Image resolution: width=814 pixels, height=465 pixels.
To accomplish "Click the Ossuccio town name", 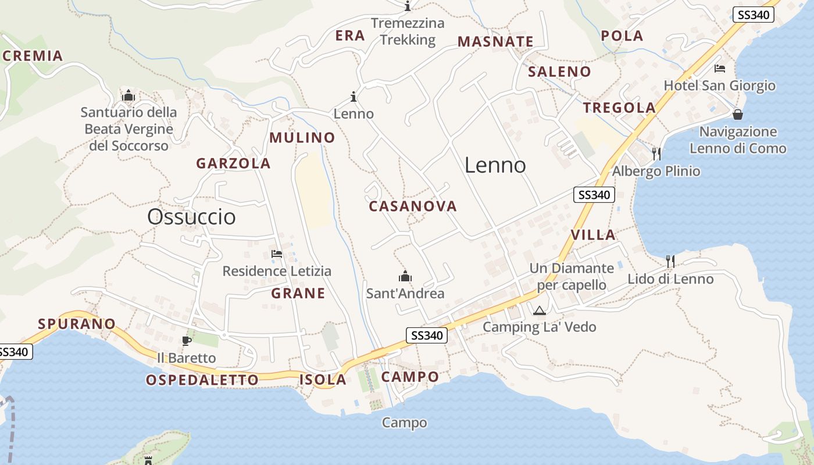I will click(191, 217).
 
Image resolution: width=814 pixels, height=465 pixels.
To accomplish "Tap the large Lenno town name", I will click(495, 166).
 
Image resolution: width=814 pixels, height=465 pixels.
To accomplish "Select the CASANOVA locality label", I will click(413, 206).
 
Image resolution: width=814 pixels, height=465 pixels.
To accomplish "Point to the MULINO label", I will click(302, 138).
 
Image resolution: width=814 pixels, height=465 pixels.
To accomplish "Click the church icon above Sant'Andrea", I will click(405, 276).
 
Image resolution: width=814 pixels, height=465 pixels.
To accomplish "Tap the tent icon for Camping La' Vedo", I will click(540, 311).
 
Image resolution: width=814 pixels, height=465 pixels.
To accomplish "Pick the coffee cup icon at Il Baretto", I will click(187, 341).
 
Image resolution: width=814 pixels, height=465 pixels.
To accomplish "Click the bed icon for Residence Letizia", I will click(277, 254).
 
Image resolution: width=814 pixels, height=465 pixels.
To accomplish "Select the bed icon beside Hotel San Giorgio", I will click(720, 69).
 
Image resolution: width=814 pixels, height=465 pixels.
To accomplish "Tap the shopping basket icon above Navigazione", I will click(738, 115).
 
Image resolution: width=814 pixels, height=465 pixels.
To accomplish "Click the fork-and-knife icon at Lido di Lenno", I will click(670, 262).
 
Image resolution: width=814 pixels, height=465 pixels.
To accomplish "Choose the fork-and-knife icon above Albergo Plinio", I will click(656, 153).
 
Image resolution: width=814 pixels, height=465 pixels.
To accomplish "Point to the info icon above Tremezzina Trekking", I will click(408, 6).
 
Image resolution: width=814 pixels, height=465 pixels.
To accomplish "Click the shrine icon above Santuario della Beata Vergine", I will click(128, 95).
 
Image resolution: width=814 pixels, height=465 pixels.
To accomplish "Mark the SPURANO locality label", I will click(77, 324).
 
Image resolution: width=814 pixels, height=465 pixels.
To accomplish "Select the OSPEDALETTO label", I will click(202, 380).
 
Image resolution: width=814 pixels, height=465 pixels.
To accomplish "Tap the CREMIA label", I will click(33, 56).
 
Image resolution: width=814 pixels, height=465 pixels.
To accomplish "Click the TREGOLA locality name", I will click(619, 108).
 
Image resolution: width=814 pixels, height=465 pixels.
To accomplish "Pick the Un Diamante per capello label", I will click(572, 277).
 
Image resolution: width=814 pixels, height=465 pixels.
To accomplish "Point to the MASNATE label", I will click(495, 42).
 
